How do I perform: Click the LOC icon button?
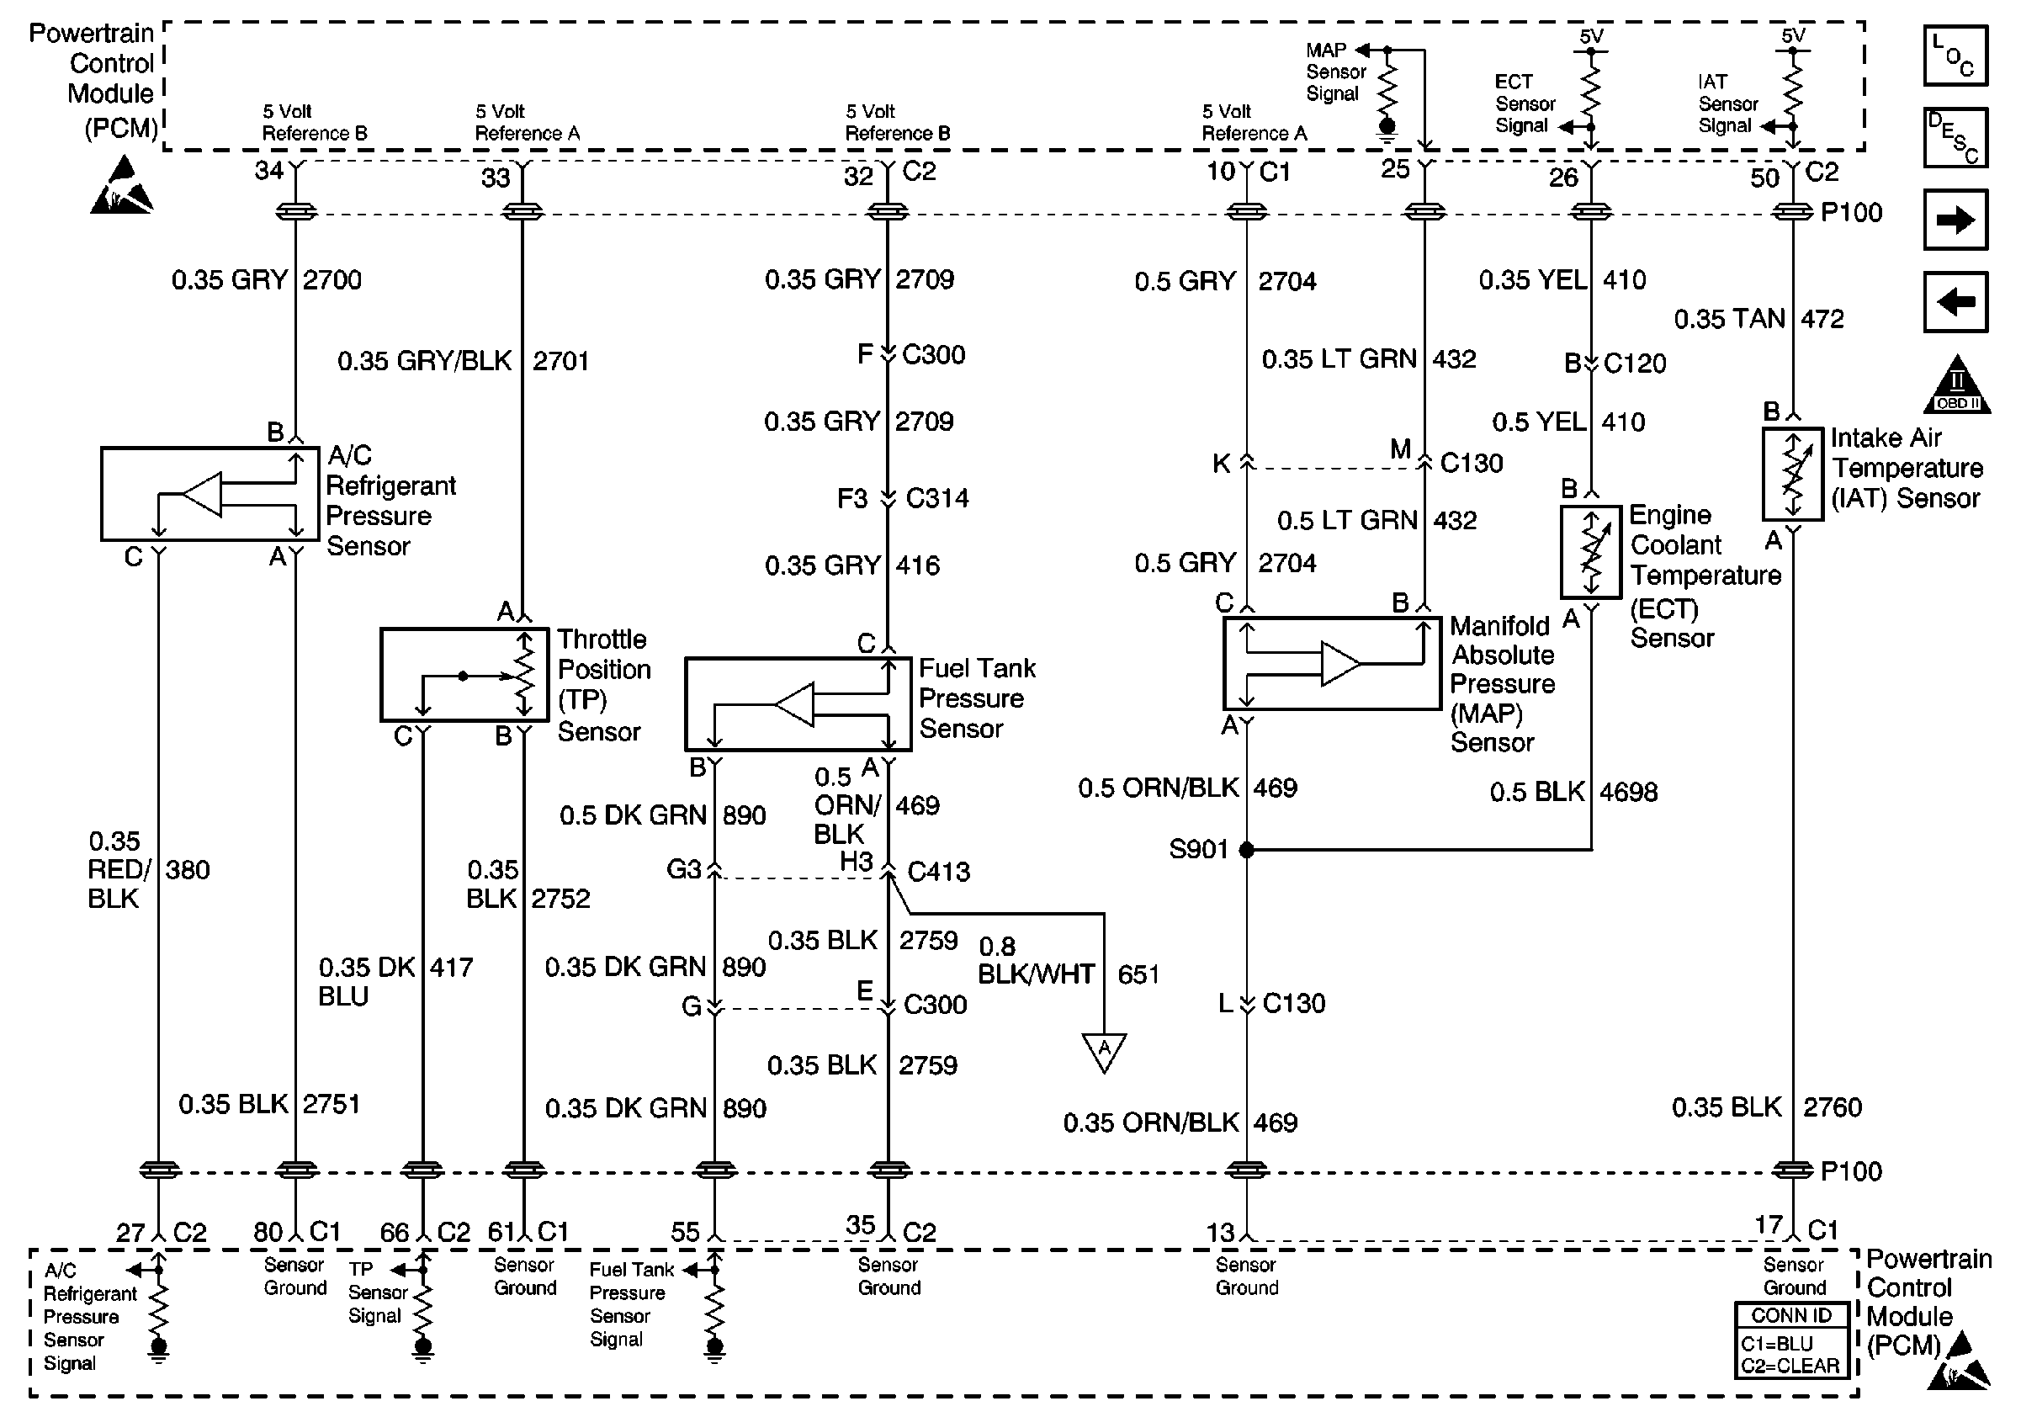click(1955, 56)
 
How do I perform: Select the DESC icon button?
click(1955, 137)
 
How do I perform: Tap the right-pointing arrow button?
click(1955, 219)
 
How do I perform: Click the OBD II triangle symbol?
click(1957, 385)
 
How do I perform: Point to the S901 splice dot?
click(1246, 850)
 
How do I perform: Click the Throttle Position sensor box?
click(464, 674)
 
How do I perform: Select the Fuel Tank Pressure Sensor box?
click(798, 704)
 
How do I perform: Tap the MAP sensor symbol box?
click(1333, 664)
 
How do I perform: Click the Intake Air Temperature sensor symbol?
click(1792, 475)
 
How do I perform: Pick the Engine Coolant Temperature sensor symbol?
click(1590, 552)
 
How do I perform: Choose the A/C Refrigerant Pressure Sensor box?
click(210, 494)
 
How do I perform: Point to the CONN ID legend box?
click(1791, 1340)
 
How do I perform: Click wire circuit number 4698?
click(1628, 792)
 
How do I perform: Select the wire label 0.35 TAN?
click(1729, 319)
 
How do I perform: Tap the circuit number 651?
click(1138, 974)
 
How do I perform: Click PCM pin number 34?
click(269, 170)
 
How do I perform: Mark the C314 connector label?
click(937, 498)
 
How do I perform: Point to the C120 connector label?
click(1635, 364)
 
